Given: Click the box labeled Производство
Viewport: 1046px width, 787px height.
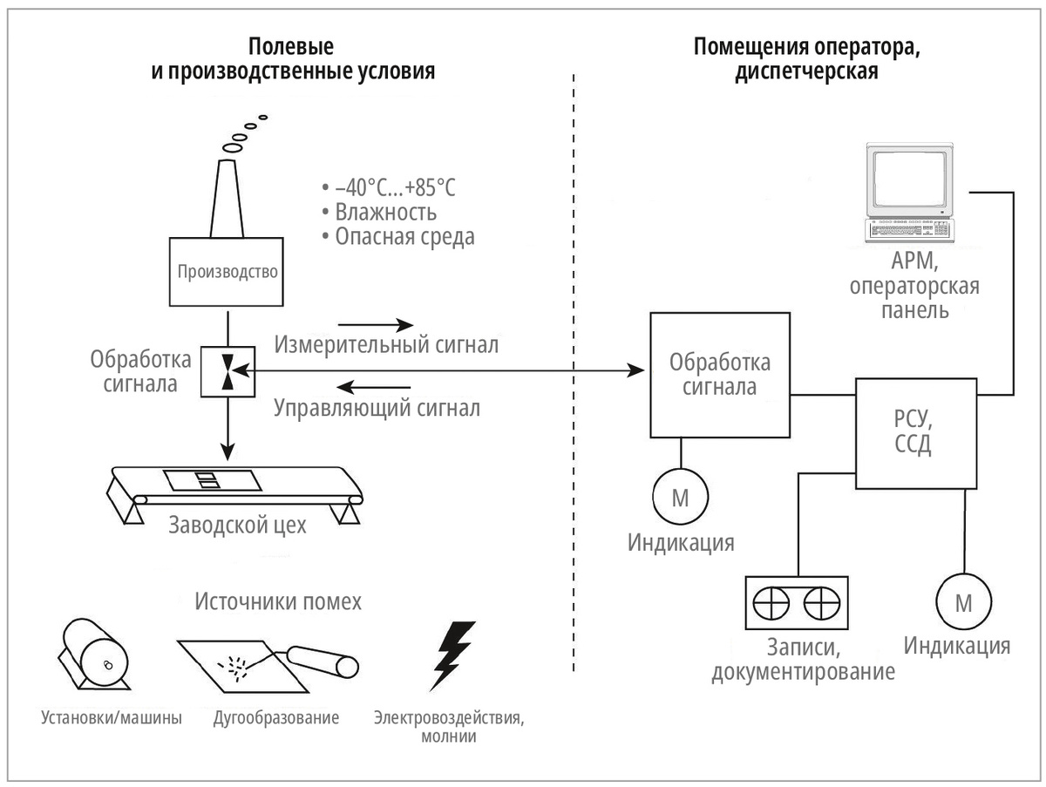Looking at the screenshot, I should (227, 271).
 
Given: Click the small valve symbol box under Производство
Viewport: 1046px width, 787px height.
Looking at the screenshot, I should (228, 372).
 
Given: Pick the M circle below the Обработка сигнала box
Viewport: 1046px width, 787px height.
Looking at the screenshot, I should (680, 498).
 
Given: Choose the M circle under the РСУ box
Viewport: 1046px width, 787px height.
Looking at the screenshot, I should (963, 601).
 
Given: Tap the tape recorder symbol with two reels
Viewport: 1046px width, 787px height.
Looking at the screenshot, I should (796, 602).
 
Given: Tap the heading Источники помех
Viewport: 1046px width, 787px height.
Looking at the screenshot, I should (277, 601).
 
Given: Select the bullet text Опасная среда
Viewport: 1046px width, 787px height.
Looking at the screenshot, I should (405, 236).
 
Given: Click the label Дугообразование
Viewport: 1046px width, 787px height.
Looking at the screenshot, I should (275, 719).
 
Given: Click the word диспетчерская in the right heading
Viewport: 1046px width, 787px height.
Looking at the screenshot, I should (805, 71).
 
